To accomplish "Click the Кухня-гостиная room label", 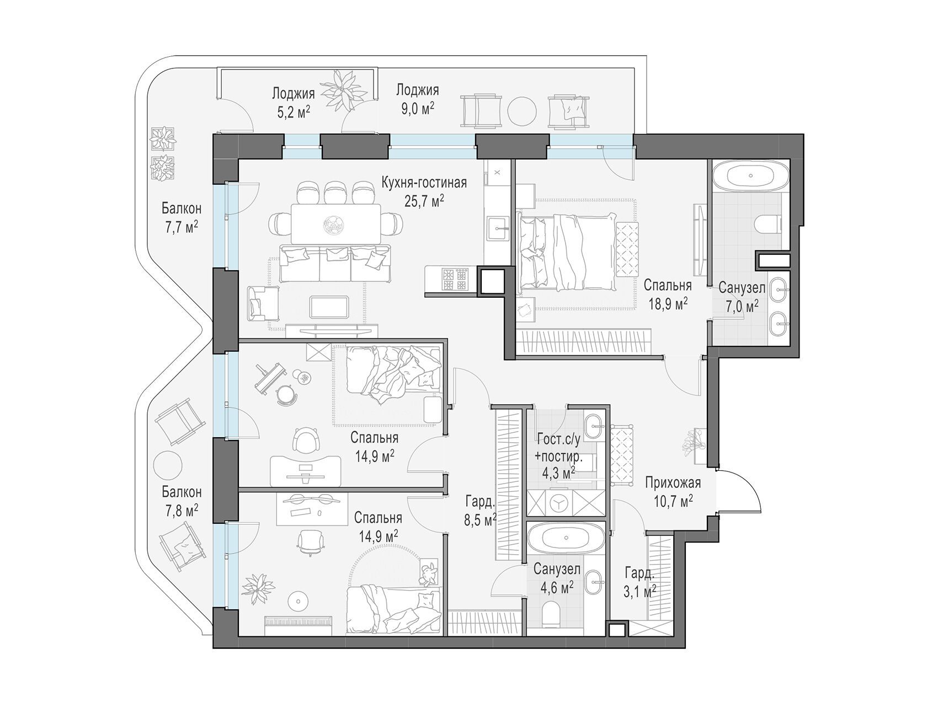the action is click(x=424, y=183).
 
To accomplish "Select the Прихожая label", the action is click(x=673, y=483).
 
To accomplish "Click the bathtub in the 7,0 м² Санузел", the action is click(x=750, y=176).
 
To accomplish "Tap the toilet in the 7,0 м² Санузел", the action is click(x=768, y=223).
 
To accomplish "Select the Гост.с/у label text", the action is click(x=559, y=440).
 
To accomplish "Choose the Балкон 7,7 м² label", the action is click(x=182, y=217).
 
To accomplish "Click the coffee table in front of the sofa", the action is click(x=330, y=307).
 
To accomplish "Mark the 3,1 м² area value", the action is click(x=640, y=591).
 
